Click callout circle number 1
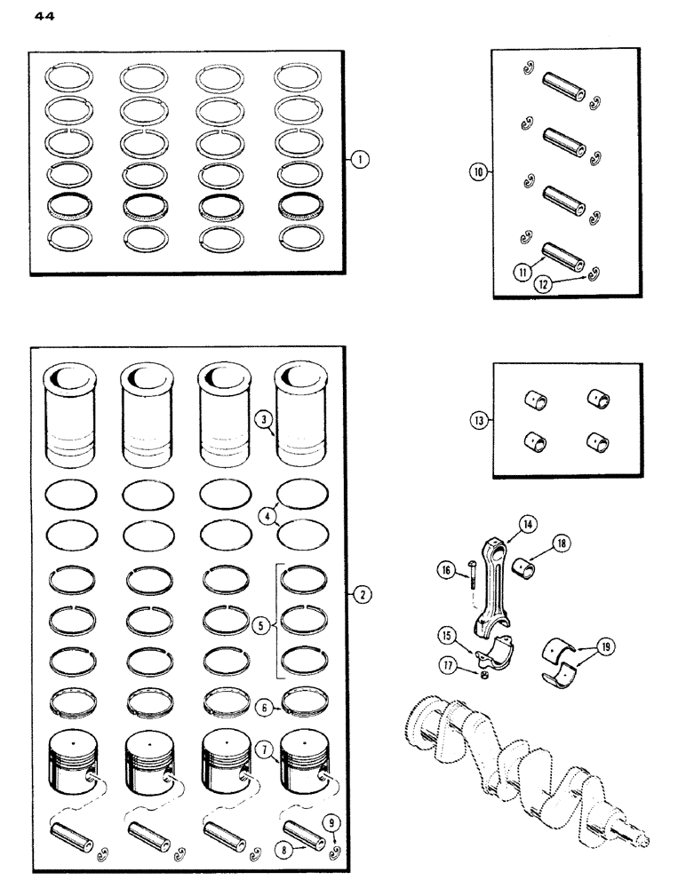click(x=359, y=160)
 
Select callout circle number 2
click(x=361, y=595)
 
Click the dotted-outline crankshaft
click(x=524, y=764)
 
